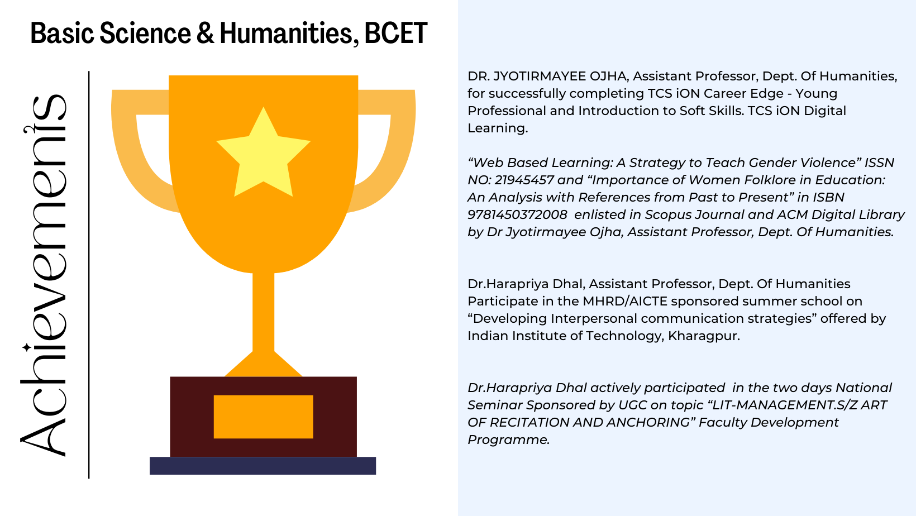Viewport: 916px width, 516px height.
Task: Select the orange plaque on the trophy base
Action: pyautogui.click(x=264, y=417)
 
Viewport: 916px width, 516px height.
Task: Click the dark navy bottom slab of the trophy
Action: pyautogui.click(x=263, y=466)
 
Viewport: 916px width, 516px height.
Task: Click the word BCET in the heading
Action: pyautogui.click(x=395, y=33)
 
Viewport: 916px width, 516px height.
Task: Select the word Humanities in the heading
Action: pyautogui.click(x=286, y=33)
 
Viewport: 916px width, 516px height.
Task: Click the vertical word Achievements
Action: pyautogui.click(x=44, y=275)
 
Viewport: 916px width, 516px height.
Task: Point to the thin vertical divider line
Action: pyautogui.click(x=89, y=275)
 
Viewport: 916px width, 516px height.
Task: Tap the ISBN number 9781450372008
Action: pyautogui.click(x=517, y=214)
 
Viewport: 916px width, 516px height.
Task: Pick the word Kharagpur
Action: pyautogui.click(x=704, y=336)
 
